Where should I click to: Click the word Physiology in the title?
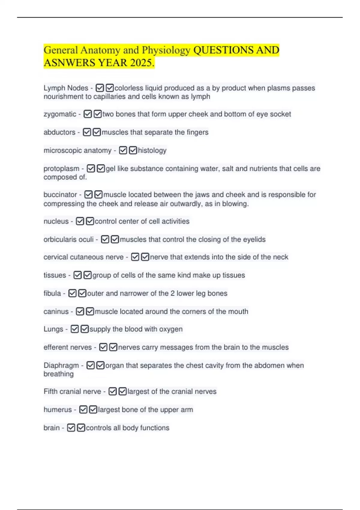coord(166,50)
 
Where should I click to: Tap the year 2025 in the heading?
coord(142,63)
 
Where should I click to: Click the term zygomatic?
coord(60,114)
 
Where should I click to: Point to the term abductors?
coord(59,132)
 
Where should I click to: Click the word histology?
coord(152,150)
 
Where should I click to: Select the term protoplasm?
coord(61,169)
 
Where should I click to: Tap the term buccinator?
coord(60,195)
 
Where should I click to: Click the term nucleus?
coord(56,221)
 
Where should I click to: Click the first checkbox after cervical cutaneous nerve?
coord(135,257)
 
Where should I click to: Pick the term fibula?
coord(52,293)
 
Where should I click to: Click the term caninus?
coord(56,312)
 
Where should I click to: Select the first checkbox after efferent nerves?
coord(103,347)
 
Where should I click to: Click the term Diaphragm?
coord(61,365)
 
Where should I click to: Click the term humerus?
coord(58,410)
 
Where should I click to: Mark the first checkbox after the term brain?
coord(71,428)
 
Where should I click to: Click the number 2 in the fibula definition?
coord(172,293)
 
